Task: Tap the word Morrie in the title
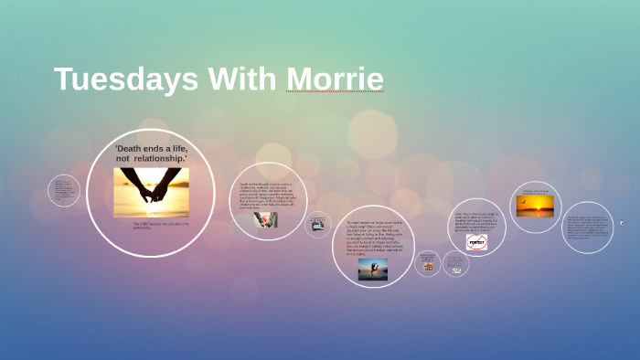point(335,79)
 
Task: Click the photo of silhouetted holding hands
point(151,192)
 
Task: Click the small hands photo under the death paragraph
point(265,219)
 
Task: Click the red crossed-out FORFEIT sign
point(476,242)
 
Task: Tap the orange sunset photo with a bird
point(535,206)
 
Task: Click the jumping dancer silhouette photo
point(372,269)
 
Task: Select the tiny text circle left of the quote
point(63,190)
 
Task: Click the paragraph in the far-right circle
point(586,228)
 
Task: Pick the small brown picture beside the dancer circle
point(428,266)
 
